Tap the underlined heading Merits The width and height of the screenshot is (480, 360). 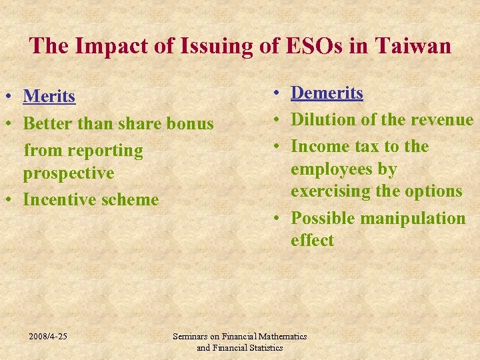click(49, 97)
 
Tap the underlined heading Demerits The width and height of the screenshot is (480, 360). click(327, 93)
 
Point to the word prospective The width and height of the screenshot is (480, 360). click(69, 173)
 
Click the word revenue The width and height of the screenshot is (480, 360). click(442, 120)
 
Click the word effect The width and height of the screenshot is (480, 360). click(312, 241)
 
